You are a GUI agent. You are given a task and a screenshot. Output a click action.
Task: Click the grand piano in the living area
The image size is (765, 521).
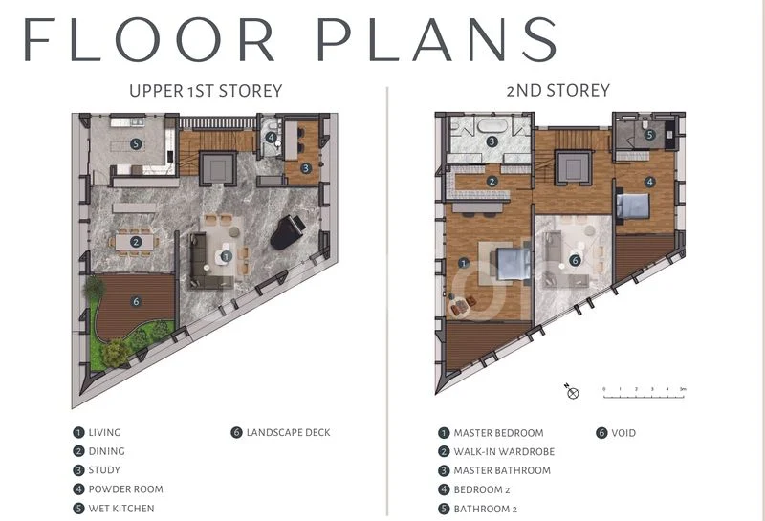[x=288, y=232]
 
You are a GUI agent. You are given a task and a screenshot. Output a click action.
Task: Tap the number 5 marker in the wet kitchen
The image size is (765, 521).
[x=136, y=144]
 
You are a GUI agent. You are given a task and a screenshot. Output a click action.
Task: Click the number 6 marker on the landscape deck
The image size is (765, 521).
[x=136, y=301]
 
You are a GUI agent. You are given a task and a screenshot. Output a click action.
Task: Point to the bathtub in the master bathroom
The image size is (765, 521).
[x=492, y=126]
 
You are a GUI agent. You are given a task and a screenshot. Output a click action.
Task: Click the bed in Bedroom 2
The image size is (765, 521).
[x=633, y=206]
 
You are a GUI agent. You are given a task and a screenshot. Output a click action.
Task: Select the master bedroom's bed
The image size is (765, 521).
[x=514, y=264]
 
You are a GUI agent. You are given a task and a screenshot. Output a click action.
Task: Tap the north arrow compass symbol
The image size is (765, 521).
[x=572, y=391]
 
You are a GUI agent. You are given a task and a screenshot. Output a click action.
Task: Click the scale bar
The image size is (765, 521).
[x=644, y=394]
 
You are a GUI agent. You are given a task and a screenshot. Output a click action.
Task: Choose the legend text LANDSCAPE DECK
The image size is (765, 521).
[x=288, y=433]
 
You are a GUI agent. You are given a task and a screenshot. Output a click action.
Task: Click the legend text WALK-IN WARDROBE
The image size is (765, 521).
[x=504, y=452]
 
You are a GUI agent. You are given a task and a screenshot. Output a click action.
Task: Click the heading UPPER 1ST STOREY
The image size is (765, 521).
[x=206, y=91]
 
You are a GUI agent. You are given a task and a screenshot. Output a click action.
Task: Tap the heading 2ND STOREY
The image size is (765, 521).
[x=558, y=90]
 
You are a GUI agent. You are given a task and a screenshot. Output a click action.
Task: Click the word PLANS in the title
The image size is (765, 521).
[x=438, y=39]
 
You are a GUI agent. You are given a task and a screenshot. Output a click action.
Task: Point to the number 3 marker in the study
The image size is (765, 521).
[x=306, y=168]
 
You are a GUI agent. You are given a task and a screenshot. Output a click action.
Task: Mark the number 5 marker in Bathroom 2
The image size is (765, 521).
[x=649, y=134]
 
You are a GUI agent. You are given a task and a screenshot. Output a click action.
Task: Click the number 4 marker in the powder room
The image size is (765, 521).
[x=271, y=137]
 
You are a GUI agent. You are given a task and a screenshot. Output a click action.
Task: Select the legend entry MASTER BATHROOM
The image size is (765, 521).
[x=502, y=470]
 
